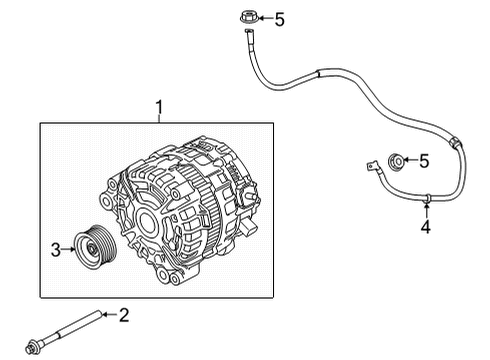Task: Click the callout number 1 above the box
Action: tap(160, 107)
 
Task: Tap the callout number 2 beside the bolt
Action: tap(124, 315)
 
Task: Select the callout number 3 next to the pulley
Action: tap(56, 249)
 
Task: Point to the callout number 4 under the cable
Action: tap(425, 227)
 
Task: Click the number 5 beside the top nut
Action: tap(280, 20)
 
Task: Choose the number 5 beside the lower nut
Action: tap(424, 161)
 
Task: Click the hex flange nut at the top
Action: tap(249, 17)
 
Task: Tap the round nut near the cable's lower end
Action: tap(397, 161)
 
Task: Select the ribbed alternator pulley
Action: tap(94, 246)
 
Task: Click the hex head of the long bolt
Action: tap(32, 347)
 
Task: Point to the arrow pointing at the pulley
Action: tap(68, 249)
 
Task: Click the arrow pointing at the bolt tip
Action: tap(109, 314)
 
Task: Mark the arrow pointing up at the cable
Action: tap(426, 210)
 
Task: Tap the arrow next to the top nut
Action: tap(266, 18)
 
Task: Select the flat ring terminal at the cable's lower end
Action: tap(371, 165)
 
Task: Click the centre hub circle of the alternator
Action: tap(147, 221)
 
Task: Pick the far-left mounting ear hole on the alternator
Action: tap(106, 201)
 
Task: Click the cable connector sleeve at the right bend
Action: tap(455, 143)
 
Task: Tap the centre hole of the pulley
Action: tap(90, 248)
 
